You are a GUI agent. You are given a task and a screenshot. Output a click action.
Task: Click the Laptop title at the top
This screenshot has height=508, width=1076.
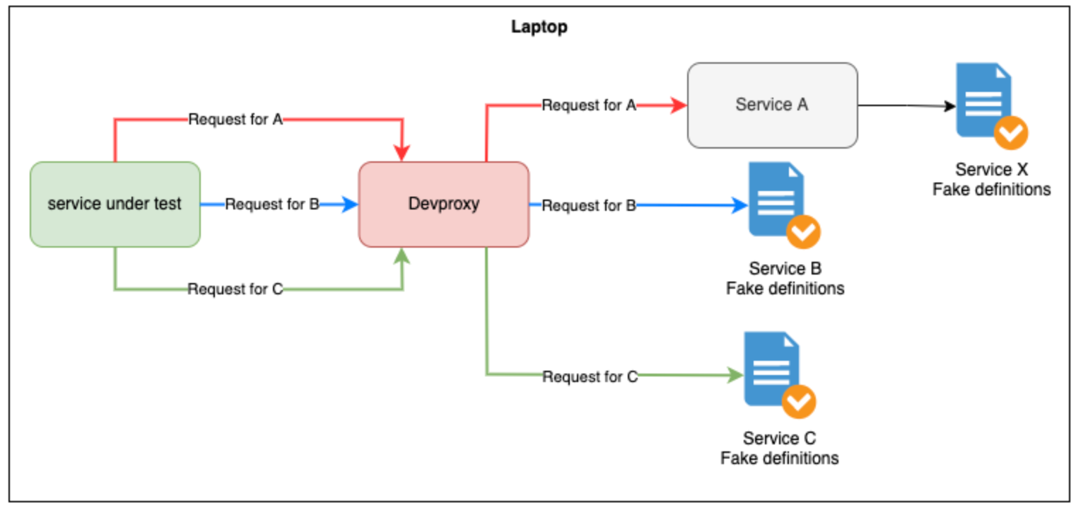[539, 28]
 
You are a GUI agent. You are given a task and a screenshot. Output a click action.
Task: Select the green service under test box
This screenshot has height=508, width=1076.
[115, 204]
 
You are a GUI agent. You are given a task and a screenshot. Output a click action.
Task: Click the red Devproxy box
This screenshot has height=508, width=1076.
[444, 204]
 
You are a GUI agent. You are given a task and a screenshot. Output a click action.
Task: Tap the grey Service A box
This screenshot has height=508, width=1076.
[772, 105]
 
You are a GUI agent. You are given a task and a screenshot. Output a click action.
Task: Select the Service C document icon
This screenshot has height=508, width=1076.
[771, 368]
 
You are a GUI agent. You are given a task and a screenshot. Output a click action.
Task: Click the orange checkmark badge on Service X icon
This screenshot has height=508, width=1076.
[1011, 132]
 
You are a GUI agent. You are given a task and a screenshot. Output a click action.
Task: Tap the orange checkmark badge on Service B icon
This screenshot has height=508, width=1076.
[803, 231]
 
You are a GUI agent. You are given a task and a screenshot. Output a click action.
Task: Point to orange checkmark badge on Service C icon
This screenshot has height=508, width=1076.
[799, 402]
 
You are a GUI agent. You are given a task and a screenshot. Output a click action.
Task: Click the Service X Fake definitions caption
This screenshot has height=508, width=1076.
[991, 180]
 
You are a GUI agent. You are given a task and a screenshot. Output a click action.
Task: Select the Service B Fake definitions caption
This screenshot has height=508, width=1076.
[785, 279]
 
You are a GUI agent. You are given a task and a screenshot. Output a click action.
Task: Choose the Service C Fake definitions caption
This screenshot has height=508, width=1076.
[779, 449]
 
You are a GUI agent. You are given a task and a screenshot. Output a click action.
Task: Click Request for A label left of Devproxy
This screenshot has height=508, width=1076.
[235, 120]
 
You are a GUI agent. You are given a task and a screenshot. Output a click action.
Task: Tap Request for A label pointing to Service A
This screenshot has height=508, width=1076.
[589, 105]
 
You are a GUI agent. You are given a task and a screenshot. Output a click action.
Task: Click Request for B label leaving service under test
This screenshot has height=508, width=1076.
[272, 205]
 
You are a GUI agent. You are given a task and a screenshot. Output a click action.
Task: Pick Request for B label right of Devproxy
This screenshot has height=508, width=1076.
[589, 206]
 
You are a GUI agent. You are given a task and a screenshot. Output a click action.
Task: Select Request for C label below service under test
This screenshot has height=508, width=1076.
[235, 289]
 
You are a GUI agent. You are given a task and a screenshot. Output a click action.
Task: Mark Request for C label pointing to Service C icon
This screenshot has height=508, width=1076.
[590, 377]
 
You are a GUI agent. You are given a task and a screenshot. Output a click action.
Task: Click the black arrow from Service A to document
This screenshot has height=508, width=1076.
[905, 105]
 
